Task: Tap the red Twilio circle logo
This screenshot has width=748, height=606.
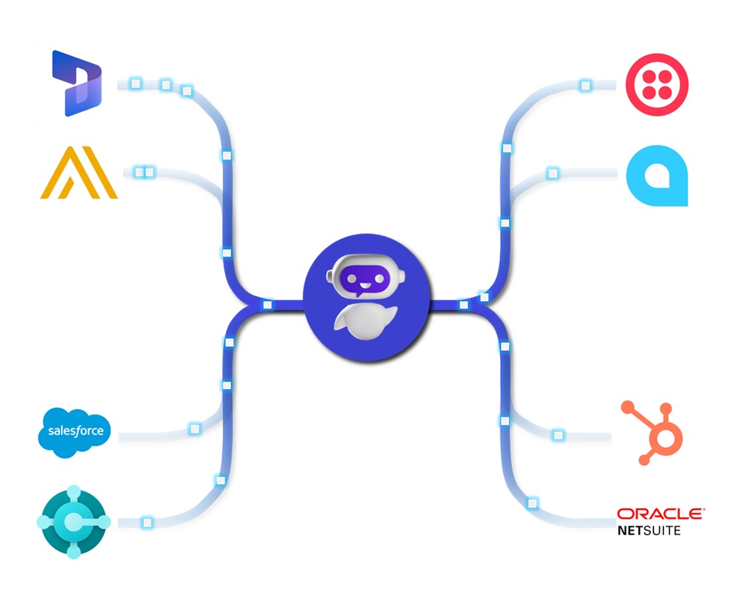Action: click(x=657, y=85)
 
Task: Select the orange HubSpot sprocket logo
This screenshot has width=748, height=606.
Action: click(x=651, y=432)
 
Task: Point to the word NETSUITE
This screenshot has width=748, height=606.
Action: click(x=649, y=530)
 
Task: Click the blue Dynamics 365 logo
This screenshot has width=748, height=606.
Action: click(x=77, y=83)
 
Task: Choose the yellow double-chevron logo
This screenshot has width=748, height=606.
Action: click(x=79, y=173)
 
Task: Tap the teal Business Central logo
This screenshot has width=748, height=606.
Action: click(x=73, y=522)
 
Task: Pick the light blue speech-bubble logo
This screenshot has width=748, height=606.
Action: click(x=657, y=175)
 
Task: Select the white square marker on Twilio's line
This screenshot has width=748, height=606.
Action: click(x=585, y=86)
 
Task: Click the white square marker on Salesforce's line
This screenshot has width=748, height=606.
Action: click(x=194, y=429)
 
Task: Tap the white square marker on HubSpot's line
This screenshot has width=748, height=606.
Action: click(x=558, y=435)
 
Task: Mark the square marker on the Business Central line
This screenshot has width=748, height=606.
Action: click(x=147, y=522)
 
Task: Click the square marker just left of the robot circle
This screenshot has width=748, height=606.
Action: click(x=267, y=305)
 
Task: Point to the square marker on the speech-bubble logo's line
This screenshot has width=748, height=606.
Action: click(x=552, y=173)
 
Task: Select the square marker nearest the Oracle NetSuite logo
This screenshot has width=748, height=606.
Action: click(x=532, y=504)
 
